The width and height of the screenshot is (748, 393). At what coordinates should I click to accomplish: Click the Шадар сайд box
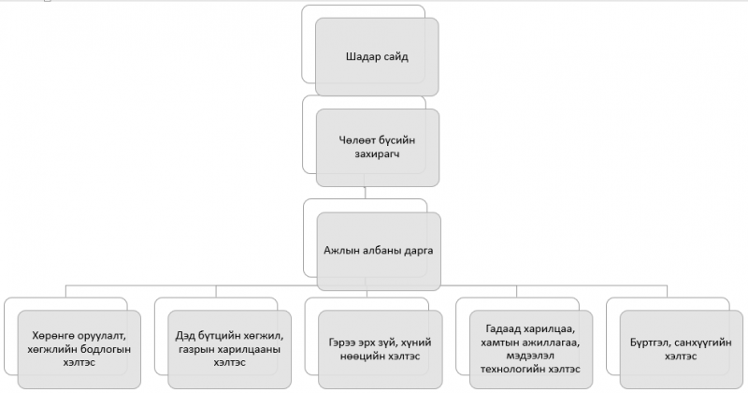(377, 57)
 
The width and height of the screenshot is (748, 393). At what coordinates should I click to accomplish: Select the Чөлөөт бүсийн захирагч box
(378, 148)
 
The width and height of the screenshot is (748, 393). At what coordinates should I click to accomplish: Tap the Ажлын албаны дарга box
(379, 251)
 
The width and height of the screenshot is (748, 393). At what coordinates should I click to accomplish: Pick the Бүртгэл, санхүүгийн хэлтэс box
(682, 350)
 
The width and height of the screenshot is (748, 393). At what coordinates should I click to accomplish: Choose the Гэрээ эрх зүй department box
(381, 350)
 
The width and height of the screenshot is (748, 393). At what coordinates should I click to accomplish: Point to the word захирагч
(377, 154)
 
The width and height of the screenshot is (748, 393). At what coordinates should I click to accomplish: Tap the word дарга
(418, 251)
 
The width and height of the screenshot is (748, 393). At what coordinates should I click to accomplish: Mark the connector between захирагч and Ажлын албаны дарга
(365, 193)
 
